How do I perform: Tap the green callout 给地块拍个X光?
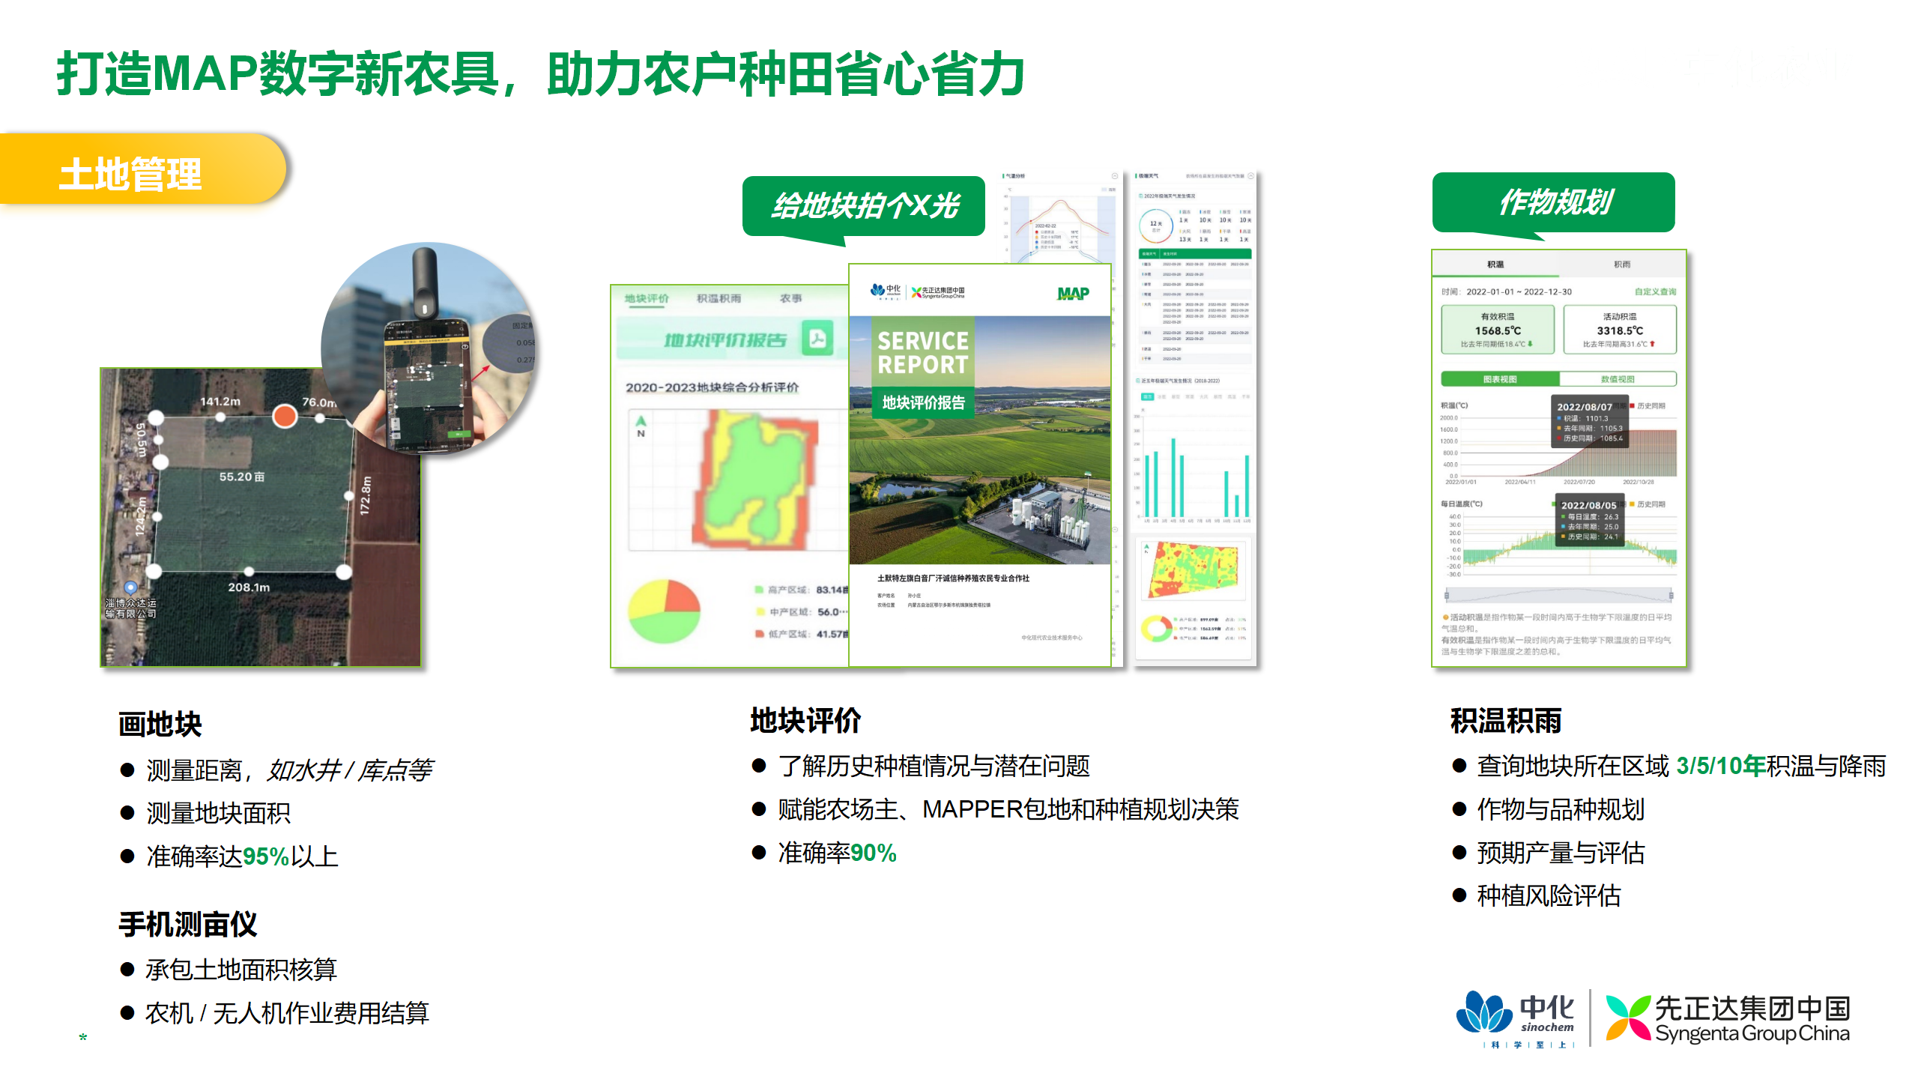864,205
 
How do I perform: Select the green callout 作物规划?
1553,202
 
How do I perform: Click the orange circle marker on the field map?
285,416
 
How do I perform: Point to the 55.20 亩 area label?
241,477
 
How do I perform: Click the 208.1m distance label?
249,587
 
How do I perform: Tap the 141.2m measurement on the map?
220,402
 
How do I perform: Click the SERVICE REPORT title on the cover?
922,352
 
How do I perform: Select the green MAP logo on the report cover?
1073,293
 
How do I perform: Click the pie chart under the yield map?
664,611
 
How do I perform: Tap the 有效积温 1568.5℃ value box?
1497,330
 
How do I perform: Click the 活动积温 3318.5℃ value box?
1619,330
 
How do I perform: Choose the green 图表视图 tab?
1500,379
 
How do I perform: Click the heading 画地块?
160,724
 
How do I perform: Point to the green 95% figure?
266,856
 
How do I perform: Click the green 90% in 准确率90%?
873,853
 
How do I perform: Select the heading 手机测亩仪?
188,924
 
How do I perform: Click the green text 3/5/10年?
1720,766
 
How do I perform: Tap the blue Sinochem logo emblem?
1483,1014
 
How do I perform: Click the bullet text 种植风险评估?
1549,895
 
